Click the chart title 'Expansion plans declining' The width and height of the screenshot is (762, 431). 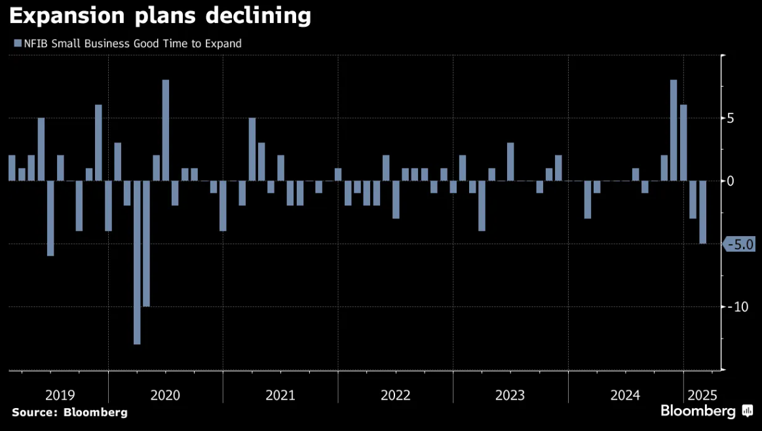tap(161, 16)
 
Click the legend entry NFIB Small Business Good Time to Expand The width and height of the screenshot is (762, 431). tap(128, 44)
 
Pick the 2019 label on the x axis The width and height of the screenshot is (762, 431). tap(60, 396)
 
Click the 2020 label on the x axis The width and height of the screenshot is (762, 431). tap(165, 396)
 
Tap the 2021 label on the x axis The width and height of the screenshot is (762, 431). tap(280, 396)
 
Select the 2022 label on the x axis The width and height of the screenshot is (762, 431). tap(395, 396)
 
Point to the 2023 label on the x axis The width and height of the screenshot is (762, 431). tap(510, 396)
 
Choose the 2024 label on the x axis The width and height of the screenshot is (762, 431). tap(625, 396)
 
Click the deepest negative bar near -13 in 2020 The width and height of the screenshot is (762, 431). tap(137, 262)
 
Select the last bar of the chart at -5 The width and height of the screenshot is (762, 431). tap(702, 213)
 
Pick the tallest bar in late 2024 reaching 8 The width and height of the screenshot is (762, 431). tap(674, 131)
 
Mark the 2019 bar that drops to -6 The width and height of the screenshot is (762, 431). tap(50, 218)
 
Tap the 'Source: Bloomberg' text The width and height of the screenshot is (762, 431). tap(69, 413)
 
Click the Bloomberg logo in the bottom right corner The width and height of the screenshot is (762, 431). tap(706, 412)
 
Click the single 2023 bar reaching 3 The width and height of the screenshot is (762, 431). tap(510, 162)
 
